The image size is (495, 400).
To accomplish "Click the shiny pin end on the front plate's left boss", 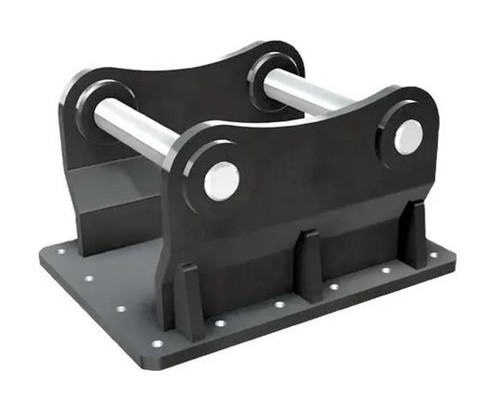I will [x=221, y=180].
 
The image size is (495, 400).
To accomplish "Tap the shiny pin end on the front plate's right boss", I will [x=407, y=137].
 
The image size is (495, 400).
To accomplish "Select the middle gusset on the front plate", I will [x=310, y=265].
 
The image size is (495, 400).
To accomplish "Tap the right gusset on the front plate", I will [x=413, y=236].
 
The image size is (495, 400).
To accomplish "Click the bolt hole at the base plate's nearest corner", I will [x=156, y=341].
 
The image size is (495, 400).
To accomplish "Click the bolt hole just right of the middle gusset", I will [x=333, y=287].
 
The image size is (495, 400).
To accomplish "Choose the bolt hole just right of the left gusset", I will [x=219, y=322].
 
